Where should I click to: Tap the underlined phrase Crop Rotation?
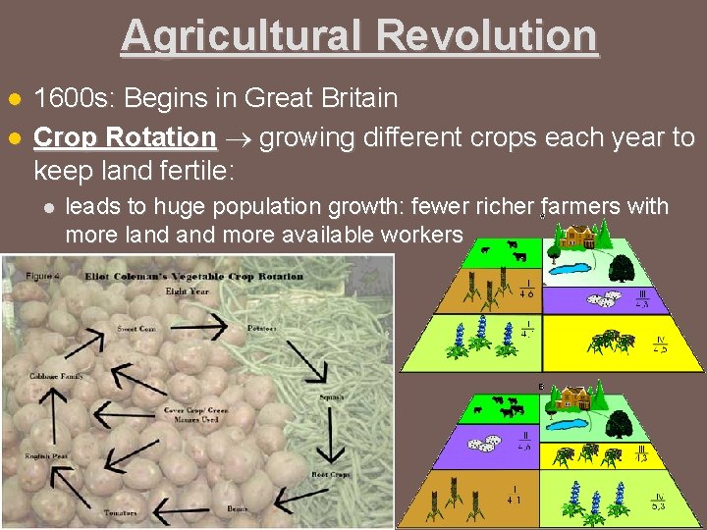click(125, 136)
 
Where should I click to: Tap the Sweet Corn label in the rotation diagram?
click(135, 328)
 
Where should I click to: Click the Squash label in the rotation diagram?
click(331, 397)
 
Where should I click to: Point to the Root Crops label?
click(331, 473)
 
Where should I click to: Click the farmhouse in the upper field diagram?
click(578, 236)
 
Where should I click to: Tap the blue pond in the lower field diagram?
click(577, 425)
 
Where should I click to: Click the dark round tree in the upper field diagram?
click(620, 264)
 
